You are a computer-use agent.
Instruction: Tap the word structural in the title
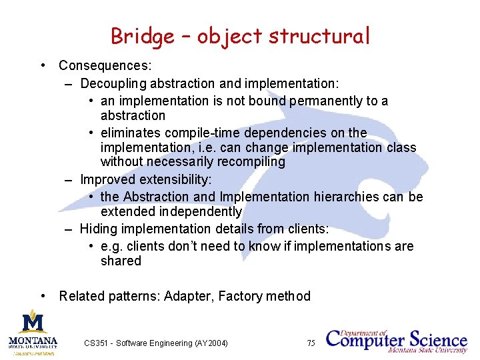pyautogui.click(x=319, y=36)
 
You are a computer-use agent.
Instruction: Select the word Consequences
pyautogui.click(x=105, y=66)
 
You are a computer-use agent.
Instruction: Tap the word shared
pyautogui.click(x=121, y=261)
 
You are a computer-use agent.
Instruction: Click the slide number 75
pyautogui.click(x=311, y=343)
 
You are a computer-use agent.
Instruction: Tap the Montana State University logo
pyautogui.click(x=33, y=331)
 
